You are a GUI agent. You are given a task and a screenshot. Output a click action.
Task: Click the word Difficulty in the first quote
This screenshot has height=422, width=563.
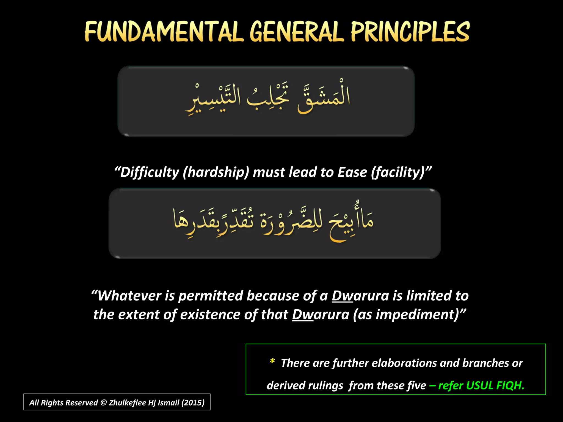click(x=150, y=173)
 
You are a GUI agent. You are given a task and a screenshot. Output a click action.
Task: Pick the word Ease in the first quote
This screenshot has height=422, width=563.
click(x=352, y=173)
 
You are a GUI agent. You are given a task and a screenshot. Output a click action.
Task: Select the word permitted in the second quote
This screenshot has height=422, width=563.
click(x=211, y=296)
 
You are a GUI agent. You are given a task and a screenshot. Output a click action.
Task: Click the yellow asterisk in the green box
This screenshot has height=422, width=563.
click(x=272, y=361)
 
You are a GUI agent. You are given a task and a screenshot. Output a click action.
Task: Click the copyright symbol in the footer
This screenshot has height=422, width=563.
click(x=103, y=403)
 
